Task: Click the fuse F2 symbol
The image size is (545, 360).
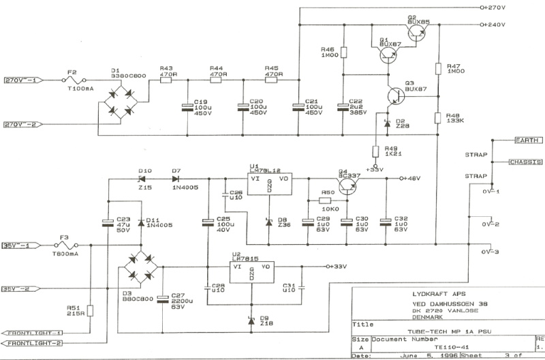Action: click(71, 80)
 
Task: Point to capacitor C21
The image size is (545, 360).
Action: click(298, 106)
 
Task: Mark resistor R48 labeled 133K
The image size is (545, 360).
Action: click(438, 118)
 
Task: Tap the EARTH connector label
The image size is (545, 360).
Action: click(527, 140)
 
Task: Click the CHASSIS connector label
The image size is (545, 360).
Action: click(525, 162)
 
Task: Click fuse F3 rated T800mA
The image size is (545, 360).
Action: click(71, 245)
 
